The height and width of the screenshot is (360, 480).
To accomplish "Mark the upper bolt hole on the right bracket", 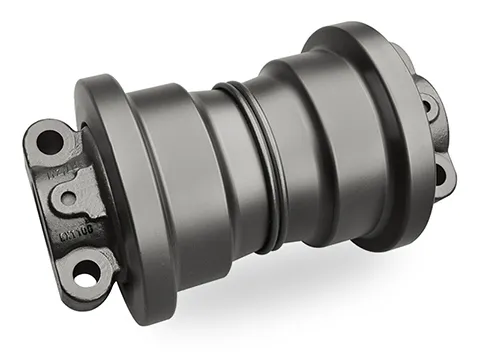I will [x=431, y=104].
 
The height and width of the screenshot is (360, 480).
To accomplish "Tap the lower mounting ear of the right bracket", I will [x=445, y=180].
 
